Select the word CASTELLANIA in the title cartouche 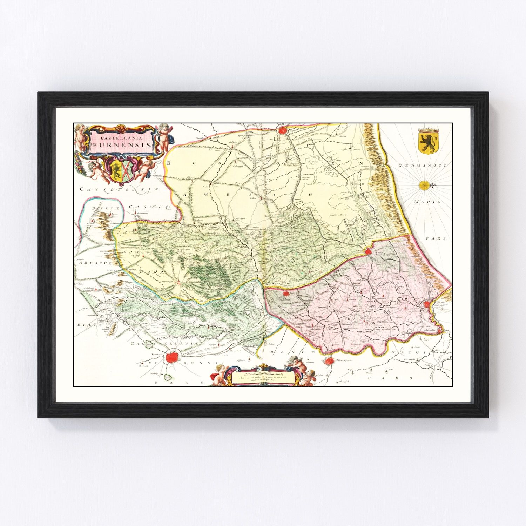click(x=121, y=138)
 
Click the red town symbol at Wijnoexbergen click(x=283, y=130)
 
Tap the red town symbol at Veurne click(x=368, y=251)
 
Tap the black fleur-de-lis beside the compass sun click(x=432, y=184)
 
